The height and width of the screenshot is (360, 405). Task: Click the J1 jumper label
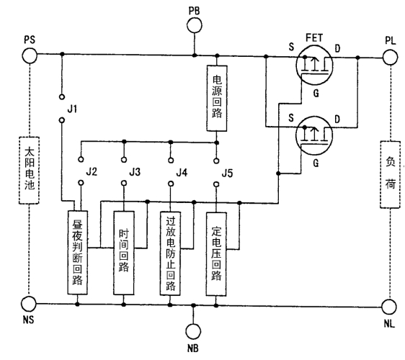pos(72,109)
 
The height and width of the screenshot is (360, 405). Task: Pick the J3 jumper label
pos(135,171)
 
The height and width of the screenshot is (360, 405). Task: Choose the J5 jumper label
pos(227,174)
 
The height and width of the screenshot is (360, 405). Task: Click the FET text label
pos(314,38)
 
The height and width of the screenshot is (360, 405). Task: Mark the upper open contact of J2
pos(81,159)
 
